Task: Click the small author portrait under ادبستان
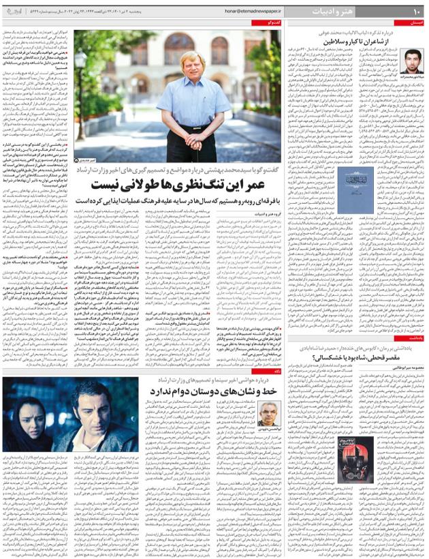point(413,61)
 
